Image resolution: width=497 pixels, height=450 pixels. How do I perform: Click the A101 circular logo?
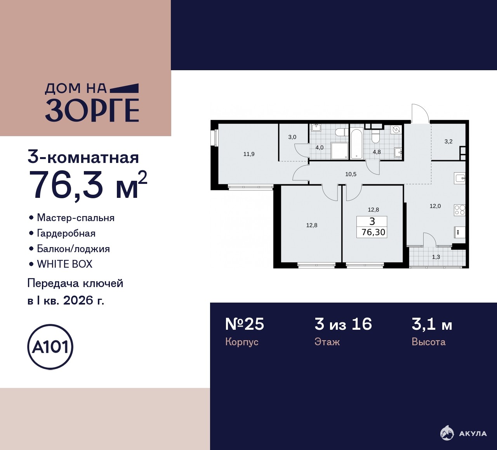[x=50, y=347]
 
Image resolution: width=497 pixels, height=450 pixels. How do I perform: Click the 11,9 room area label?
[x=249, y=154]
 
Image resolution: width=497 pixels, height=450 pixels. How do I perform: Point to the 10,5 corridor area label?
[x=351, y=174]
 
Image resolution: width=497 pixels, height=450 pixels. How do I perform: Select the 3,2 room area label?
[x=448, y=142]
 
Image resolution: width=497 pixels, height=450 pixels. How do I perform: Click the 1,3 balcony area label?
[x=436, y=257]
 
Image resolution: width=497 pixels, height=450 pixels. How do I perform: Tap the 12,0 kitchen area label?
[x=435, y=206]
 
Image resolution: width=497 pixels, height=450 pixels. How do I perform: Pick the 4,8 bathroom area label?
[x=377, y=152]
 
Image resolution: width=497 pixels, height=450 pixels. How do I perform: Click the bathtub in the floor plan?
[x=356, y=144]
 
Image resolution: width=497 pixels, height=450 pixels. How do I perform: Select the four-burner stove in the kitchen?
[x=460, y=210]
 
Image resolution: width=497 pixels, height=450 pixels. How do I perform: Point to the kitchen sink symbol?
[x=460, y=178]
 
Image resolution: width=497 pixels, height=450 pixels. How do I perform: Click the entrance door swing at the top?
[x=421, y=113]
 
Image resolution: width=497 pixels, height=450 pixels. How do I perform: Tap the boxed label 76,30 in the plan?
[x=373, y=232]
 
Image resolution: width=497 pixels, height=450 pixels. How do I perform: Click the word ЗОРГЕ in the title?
[x=92, y=111]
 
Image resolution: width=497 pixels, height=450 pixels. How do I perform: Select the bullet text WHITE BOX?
[x=65, y=264]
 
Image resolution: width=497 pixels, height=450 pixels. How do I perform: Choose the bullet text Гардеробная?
[x=66, y=234]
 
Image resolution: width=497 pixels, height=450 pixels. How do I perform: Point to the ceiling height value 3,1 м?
[x=432, y=324]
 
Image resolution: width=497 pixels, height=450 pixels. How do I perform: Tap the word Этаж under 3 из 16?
[x=327, y=342]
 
